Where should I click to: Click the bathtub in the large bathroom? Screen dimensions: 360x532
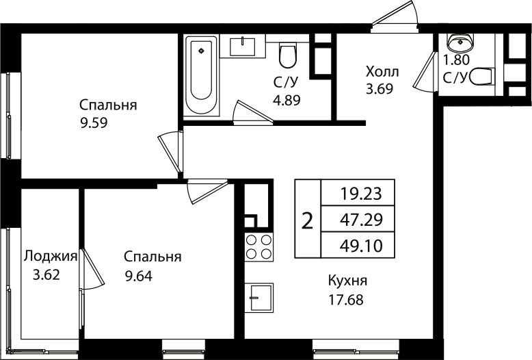(202, 77)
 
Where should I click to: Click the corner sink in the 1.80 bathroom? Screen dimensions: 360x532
(463, 42)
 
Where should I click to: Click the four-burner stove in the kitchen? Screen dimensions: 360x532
(258, 247)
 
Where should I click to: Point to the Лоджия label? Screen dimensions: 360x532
(50, 257)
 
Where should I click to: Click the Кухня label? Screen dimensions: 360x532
(347, 281)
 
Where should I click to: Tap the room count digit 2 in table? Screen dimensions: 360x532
(308, 220)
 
